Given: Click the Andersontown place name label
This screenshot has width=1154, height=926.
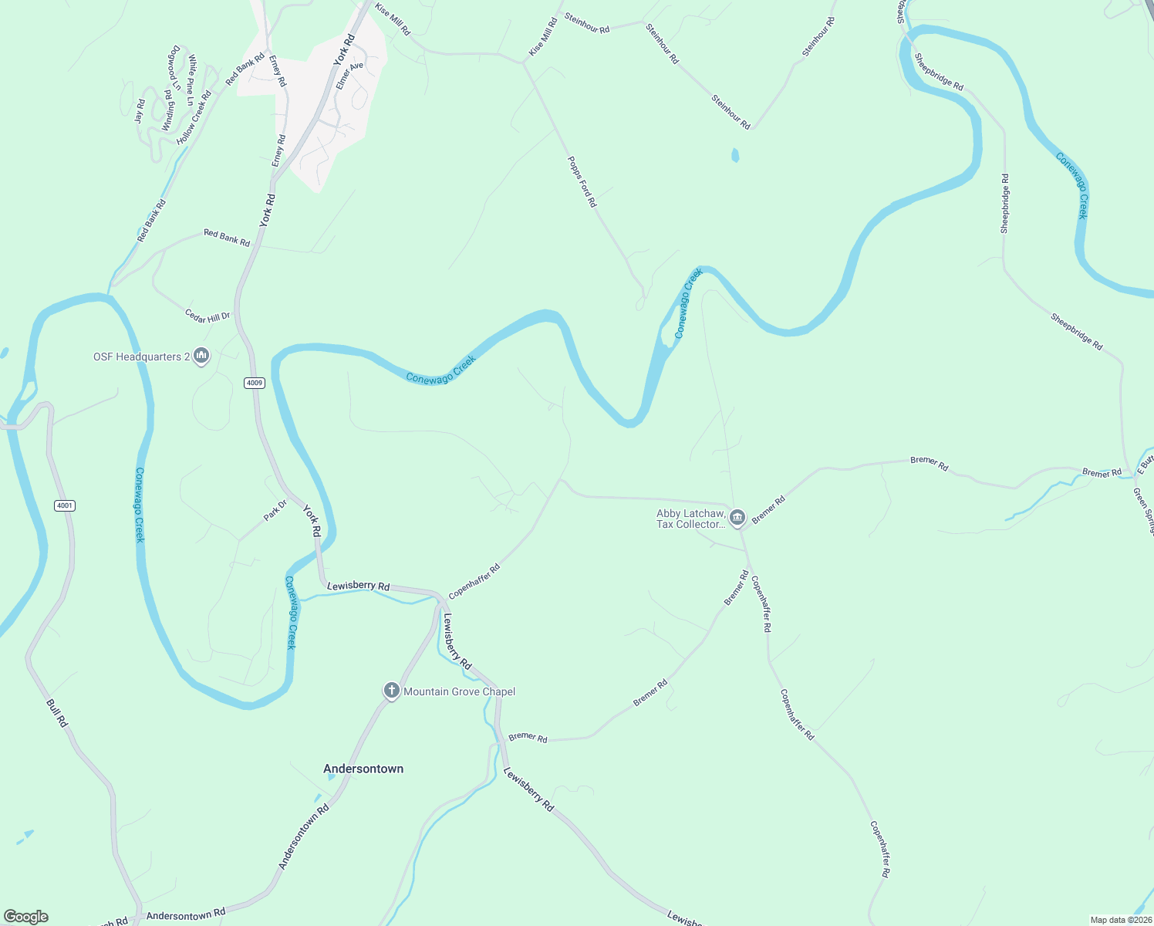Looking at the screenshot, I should point(363,769).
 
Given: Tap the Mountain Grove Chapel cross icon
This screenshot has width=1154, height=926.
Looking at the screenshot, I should point(391,691).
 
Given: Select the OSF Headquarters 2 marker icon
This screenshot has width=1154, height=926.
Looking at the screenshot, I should point(201,357).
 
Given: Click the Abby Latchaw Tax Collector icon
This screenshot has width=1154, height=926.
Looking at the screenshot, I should point(737,518).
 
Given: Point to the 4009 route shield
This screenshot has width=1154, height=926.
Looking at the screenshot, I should point(255,383).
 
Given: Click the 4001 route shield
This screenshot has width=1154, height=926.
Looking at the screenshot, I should point(65,505).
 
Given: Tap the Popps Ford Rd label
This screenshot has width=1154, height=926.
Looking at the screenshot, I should point(582,181).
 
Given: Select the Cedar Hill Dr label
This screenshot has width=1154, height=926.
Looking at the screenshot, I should point(207,316).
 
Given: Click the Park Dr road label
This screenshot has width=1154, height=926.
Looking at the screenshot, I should point(275,510).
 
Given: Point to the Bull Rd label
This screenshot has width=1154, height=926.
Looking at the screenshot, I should point(57,712).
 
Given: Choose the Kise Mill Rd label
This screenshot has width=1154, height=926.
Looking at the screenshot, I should point(393,19).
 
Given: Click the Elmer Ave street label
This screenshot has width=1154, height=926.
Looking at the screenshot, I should point(349,76).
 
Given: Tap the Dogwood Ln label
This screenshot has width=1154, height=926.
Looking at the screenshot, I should point(174,67).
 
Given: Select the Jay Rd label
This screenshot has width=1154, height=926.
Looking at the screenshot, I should point(140,111).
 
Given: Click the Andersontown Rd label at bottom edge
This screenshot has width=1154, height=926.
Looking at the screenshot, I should point(185,915).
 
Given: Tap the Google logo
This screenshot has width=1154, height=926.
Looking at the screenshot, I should point(25,917).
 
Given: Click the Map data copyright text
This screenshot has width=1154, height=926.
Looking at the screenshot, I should point(1119,920).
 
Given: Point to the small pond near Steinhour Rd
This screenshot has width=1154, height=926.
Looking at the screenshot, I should point(734,156).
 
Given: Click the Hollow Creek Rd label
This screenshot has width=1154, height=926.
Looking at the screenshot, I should point(194,118).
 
